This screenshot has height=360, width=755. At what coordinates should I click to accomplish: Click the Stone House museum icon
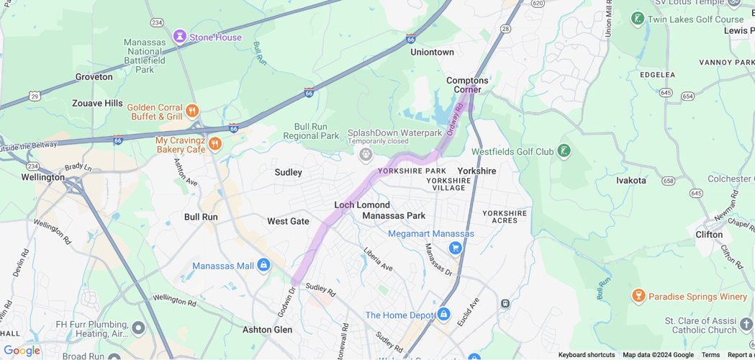coord(179,37)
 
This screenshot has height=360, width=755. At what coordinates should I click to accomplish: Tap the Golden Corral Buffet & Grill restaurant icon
coord(192,111)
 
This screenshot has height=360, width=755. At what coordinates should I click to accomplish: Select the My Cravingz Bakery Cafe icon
coord(214,144)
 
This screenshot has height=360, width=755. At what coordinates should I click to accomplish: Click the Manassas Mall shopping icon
coord(263,266)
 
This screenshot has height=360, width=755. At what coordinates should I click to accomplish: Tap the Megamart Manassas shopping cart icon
coord(455,248)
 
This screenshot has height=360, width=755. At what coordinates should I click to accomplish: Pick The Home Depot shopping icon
coord(443,315)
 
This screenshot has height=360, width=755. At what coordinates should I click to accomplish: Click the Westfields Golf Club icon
coord(564,151)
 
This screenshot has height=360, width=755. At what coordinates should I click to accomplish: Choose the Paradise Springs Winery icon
coord(638,296)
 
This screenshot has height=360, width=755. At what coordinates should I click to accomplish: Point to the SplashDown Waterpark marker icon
coord(366,154)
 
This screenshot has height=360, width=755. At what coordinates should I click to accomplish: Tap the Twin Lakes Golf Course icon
coord(637,19)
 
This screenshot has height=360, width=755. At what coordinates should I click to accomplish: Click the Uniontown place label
coord(432,52)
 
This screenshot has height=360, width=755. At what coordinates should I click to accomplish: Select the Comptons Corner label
coord(468,85)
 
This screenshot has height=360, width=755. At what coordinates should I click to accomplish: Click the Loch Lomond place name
coord(362,204)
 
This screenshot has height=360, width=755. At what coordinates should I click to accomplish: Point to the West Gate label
coord(288,221)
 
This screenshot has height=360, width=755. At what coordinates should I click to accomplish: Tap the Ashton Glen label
coord(267,329)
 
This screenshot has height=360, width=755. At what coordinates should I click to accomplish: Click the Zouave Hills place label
coord(97,103)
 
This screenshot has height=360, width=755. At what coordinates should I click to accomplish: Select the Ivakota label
coord(630,180)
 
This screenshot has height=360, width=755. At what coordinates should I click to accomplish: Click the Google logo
coord(22,351)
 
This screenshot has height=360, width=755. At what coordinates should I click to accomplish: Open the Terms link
coord(710,355)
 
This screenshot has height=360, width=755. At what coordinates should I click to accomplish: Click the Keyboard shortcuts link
coord(587,355)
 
